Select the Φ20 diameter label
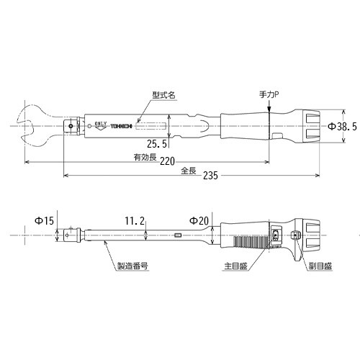point(199,221)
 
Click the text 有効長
point(141,157)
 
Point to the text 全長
point(188,171)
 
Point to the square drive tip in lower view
point(69,235)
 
